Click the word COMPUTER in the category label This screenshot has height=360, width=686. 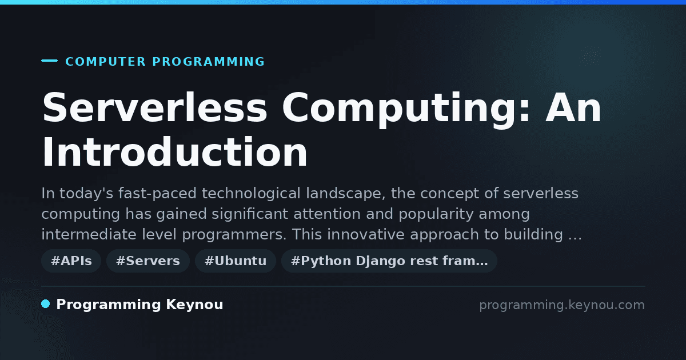pyautogui.click(x=106, y=62)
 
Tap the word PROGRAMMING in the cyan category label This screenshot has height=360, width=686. pyautogui.click(x=209, y=62)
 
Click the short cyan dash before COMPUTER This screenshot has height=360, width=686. pyautogui.click(x=49, y=61)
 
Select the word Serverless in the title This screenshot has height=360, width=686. pyautogui.click(x=155, y=108)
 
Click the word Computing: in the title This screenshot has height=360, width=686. pyautogui.click(x=406, y=109)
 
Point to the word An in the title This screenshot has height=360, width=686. pyautogui.click(x=573, y=108)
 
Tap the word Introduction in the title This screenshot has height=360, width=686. pyautogui.click(x=174, y=152)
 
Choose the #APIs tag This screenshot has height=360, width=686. pyautogui.click(x=71, y=261)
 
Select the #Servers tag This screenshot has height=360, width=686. pyautogui.click(x=148, y=261)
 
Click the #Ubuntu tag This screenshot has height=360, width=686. pyautogui.click(x=236, y=261)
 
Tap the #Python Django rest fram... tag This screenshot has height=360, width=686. pyautogui.click(x=389, y=261)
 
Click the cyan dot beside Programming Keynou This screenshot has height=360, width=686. pyautogui.click(x=46, y=304)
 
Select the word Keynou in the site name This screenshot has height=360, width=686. pyautogui.click(x=194, y=305)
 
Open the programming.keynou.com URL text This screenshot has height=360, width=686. pyautogui.click(x=562, y=305)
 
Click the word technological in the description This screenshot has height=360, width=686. pyautogui.click(x=251, y=194)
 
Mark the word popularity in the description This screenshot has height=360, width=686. pyautogui.click(x=436, y=214)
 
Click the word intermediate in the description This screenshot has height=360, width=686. pyautogui.click(x=89, y=234)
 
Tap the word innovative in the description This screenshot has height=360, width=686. pyautogui.click(x=366, y=234)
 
